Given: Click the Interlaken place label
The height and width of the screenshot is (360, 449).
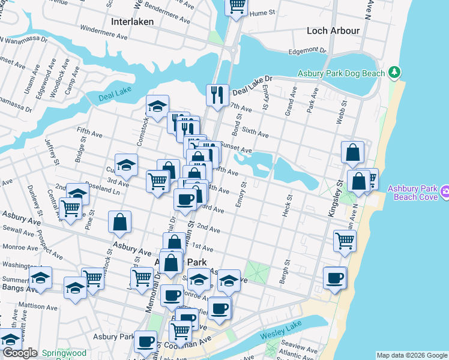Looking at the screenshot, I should tap(133, 21).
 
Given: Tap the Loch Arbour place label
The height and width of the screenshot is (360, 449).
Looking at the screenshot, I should tap(333, 30).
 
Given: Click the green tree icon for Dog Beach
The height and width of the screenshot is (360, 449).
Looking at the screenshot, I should tap(394, 73).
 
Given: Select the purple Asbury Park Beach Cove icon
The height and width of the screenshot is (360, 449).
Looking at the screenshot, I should tap(445, 193).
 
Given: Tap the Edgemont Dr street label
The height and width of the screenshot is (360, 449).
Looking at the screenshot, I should tap(307, 52).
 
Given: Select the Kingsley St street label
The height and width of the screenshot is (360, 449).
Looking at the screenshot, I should tap(339, 191).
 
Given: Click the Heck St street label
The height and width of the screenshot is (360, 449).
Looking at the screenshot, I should tap(289, 205).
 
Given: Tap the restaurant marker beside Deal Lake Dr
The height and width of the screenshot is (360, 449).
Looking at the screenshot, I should tap(217, 94).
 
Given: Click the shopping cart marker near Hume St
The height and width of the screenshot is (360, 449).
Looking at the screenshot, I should tap(237, 6).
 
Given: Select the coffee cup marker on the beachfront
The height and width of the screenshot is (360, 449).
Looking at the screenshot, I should tap(334, 277).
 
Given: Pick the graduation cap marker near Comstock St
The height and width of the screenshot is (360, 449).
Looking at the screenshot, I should tap(157, 107).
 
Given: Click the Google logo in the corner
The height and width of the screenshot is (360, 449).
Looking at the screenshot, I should tap(20, 353).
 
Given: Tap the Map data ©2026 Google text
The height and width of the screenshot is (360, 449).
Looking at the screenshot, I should tap(412, 355).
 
